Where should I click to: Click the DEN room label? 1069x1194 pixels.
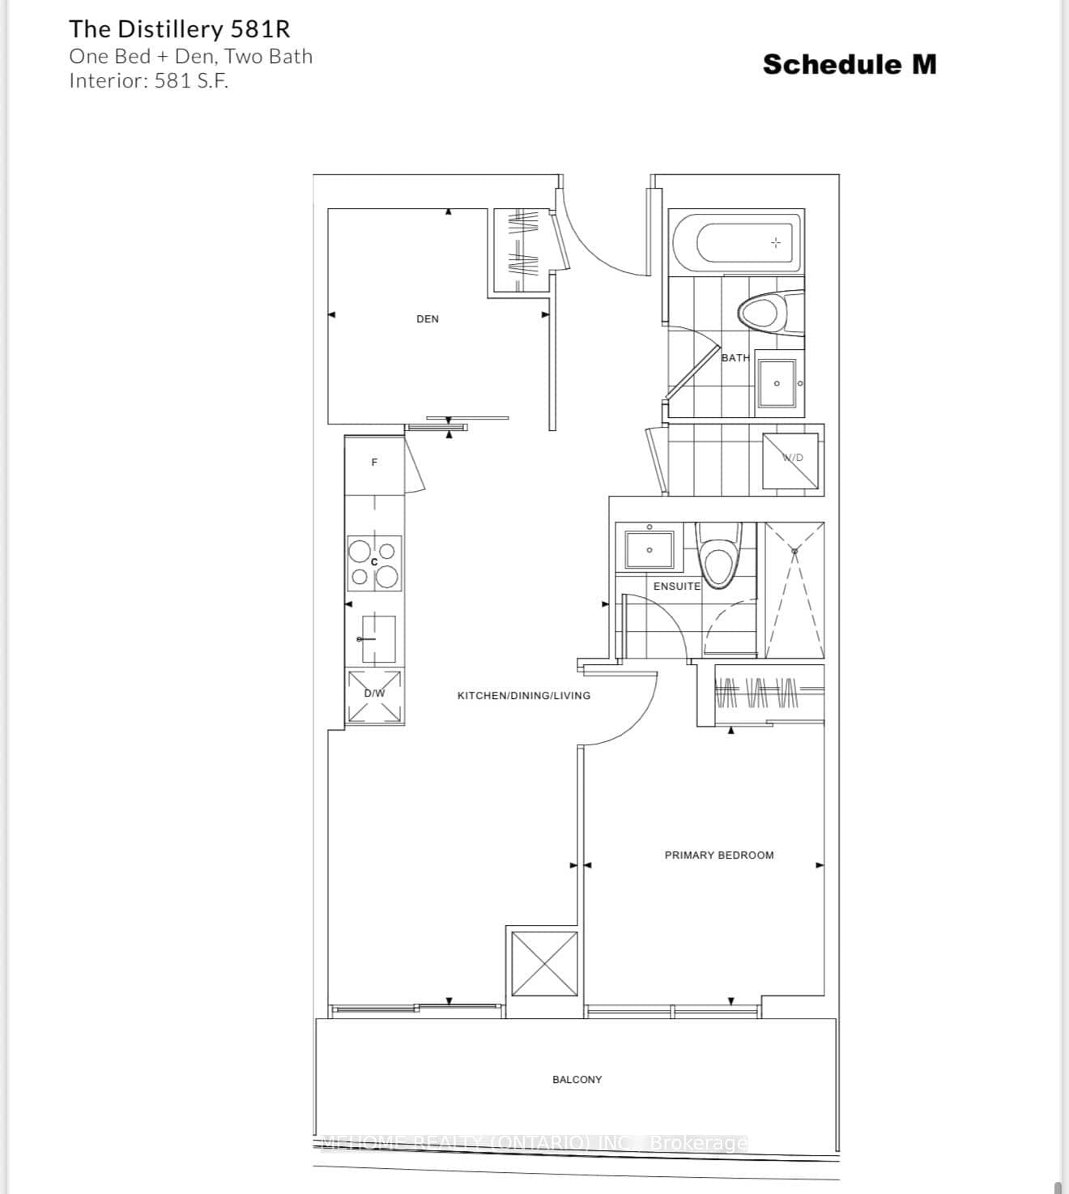428,319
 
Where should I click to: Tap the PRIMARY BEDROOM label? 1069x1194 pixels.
719,855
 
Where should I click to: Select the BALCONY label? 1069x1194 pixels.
577,1079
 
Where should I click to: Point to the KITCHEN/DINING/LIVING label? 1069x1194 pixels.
524,695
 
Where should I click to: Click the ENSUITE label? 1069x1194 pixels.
677,586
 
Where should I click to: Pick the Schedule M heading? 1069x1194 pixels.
850,65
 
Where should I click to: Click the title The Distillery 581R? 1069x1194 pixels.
179,29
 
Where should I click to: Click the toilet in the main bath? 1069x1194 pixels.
763,313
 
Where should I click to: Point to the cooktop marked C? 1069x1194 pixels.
374,563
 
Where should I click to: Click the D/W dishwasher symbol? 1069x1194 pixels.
374,696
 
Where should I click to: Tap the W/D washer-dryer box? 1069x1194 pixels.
790,462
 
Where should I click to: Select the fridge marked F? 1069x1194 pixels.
374,463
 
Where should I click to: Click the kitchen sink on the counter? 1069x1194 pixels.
378,638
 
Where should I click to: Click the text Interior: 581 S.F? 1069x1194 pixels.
148,81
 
